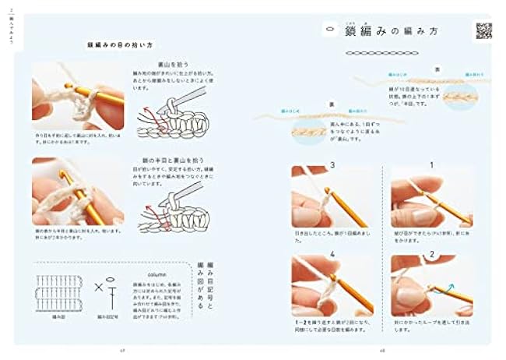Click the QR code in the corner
coord(483,30)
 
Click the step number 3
coord(332,165)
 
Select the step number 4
coord(332,254)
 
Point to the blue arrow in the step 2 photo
coord(449,288)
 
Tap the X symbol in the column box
coord(99,288)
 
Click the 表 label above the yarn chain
coord(439,69)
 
